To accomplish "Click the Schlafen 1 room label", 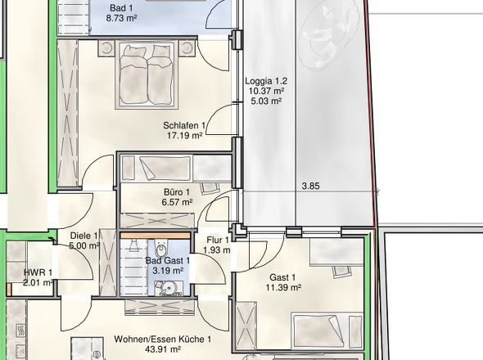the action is tap(184, 126).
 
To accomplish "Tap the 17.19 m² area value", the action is tap(184, 136).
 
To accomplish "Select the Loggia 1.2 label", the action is tap(266, 81).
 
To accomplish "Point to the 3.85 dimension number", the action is tap(310, 186).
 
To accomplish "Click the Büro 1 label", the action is tap(177, 192).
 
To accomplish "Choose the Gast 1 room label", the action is tap(282, 277).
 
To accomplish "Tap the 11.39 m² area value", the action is tap(283, 288).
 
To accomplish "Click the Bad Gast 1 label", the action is tap(168, 261).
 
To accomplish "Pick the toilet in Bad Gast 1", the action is tap(160, 249).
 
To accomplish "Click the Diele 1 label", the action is tap(84, 236).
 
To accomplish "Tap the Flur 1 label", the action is tap(218, 240).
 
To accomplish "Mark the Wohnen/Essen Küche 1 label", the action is tap(163, 340).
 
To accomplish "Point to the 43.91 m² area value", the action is tap(163, 349).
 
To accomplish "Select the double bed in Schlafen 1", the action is tap(146, 76).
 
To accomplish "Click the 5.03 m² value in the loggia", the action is tap(266, 101).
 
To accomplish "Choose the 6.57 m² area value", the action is tap(177, 202).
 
